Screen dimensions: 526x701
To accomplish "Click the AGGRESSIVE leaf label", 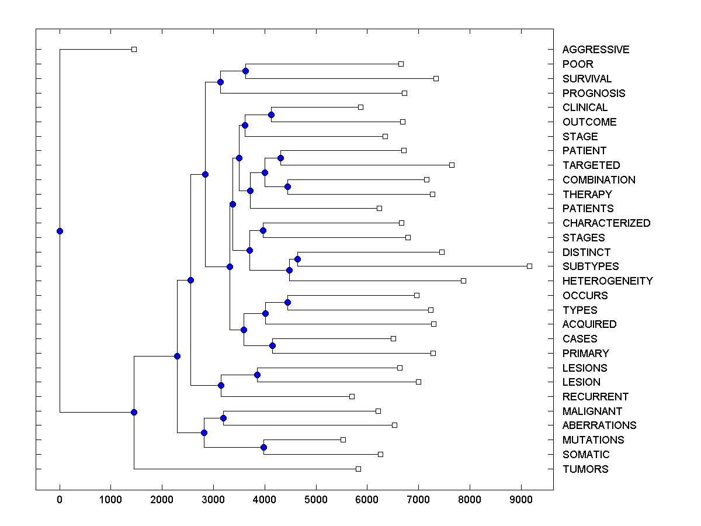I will tap(596, 50).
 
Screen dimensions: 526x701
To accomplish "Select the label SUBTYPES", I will tap(591, 267).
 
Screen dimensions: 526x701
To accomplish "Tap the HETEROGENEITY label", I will tap(608, 281).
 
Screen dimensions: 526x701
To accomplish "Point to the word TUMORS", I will tap(585, 469).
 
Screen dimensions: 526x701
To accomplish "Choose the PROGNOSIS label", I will tap(594, 94).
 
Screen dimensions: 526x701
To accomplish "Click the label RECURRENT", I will tap(595, 397).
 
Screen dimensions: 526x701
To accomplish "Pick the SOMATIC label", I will tap(586, 455).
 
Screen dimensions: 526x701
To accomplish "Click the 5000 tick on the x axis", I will tap(316, 499).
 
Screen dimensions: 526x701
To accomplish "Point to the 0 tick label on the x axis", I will tap(60, 499).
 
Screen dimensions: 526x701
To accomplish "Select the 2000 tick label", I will tap(162, 499).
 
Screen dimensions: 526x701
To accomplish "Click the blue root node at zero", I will tap(60, 231).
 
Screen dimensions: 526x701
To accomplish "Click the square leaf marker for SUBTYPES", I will tap(529, 266).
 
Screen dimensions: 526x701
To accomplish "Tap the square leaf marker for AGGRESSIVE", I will tap(134, 49).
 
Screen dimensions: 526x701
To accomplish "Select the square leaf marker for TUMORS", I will tap(358, 469).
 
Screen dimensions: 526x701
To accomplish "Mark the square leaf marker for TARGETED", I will tap(452, 165).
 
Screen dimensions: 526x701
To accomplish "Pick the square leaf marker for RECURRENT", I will tap(352, 396).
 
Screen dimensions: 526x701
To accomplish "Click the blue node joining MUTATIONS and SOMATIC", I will tap(263, 447).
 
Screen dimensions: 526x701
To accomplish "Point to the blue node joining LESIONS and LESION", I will tap(257, 375).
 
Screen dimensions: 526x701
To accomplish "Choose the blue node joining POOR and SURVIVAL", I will tap(245, 71).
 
